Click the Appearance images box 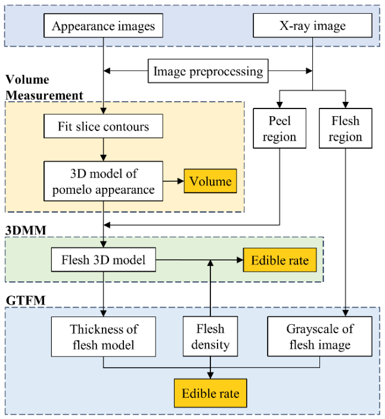pyautogui.click(x=103, y=26)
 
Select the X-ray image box pyautogui.click(x=312, y=26)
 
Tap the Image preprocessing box pyautogui.click(x=208, y=72)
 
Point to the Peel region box pyautogui.click(x=279, y=129)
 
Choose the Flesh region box pyautogui.click(x=345, y=129)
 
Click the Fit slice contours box pyautogui.click(x=103, y=126)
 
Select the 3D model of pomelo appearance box pyautogui.click(x=103, y=181)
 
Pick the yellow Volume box pyautogui.click(x=210, y=181)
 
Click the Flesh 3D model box pyautogui.click(x=103, y=260)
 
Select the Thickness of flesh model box pyautogui.click(x=103, y=337)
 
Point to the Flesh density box pyautogui.click(x=210, y=337)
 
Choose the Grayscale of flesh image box pyautogui.click(x=319, y=337)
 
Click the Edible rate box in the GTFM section pyautogui.click(x=210, y=394)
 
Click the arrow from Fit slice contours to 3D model pyautogui.click(x=103, y=149)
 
